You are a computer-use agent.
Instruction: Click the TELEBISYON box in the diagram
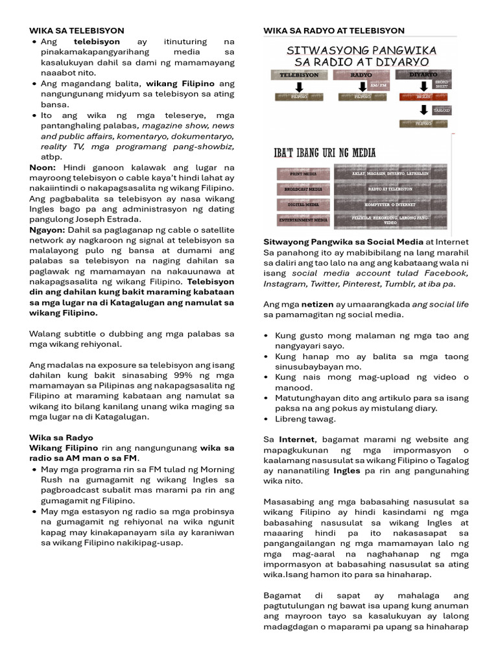(299, 75)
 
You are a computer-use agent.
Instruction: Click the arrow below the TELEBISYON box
(299, 87)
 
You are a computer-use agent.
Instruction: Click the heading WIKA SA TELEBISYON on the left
(77, 30)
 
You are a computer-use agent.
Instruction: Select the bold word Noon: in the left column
(43, 167)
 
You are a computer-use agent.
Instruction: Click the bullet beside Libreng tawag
(268, 419)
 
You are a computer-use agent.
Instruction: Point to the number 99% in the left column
(192, 375)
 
